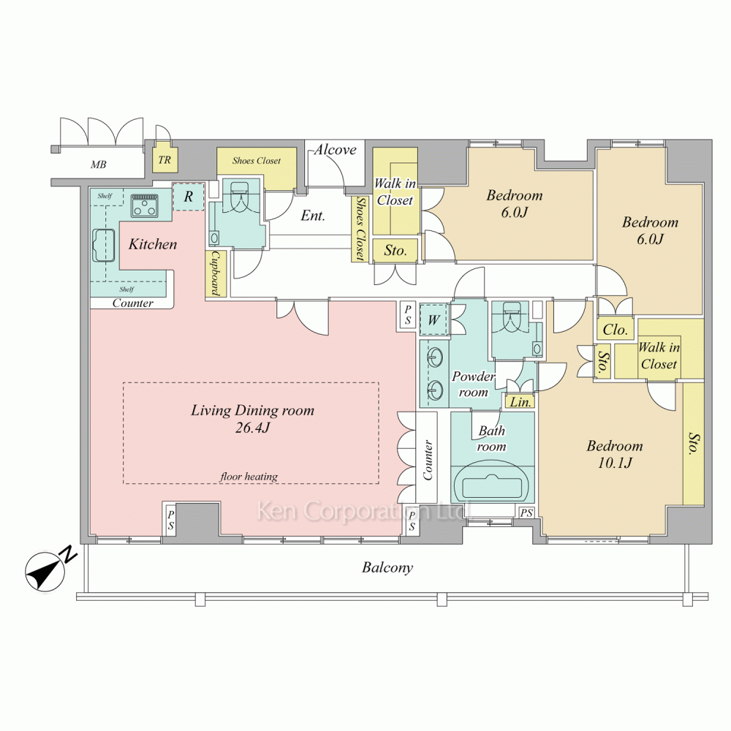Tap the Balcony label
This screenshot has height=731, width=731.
(387, 568)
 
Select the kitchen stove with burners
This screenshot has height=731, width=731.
(145, 205)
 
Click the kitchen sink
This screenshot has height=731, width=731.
(104, 246)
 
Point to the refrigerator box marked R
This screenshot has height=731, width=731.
(189, 197)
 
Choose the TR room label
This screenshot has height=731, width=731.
(164, 160)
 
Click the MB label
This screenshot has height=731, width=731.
(99, 164)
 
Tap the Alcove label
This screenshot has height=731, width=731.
(336, 150)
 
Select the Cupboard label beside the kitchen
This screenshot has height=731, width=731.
(216, 273)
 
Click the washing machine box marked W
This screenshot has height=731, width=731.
(434, 320)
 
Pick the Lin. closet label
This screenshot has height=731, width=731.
(520, 402)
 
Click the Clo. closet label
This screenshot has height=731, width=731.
(616, 330)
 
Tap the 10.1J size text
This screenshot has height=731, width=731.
(615, 463)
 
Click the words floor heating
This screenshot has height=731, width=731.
(249, 477)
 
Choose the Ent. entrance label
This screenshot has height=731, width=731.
(313, 216)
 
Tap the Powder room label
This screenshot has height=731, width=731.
(473, 385)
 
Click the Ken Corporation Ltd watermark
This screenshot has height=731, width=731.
(364, 511)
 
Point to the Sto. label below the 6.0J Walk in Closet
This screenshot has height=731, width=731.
(395, 251)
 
